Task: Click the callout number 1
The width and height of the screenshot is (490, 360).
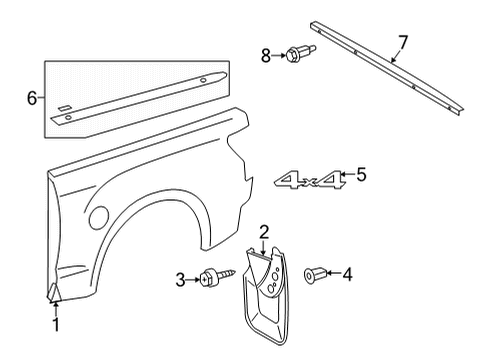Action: [56, 325]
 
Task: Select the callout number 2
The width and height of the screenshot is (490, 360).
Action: [263, 233]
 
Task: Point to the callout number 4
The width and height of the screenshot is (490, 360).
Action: [347, 274]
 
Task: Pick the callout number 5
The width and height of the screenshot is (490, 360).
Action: [361, 175]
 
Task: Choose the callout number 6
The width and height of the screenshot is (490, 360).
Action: [32, 97]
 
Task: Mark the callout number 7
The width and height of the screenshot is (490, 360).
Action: [403, 41]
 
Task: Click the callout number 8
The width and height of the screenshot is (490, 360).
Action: [265, 56]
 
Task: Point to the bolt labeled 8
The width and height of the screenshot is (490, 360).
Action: [297, 53]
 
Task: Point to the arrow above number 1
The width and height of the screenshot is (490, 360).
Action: [56, 306]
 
